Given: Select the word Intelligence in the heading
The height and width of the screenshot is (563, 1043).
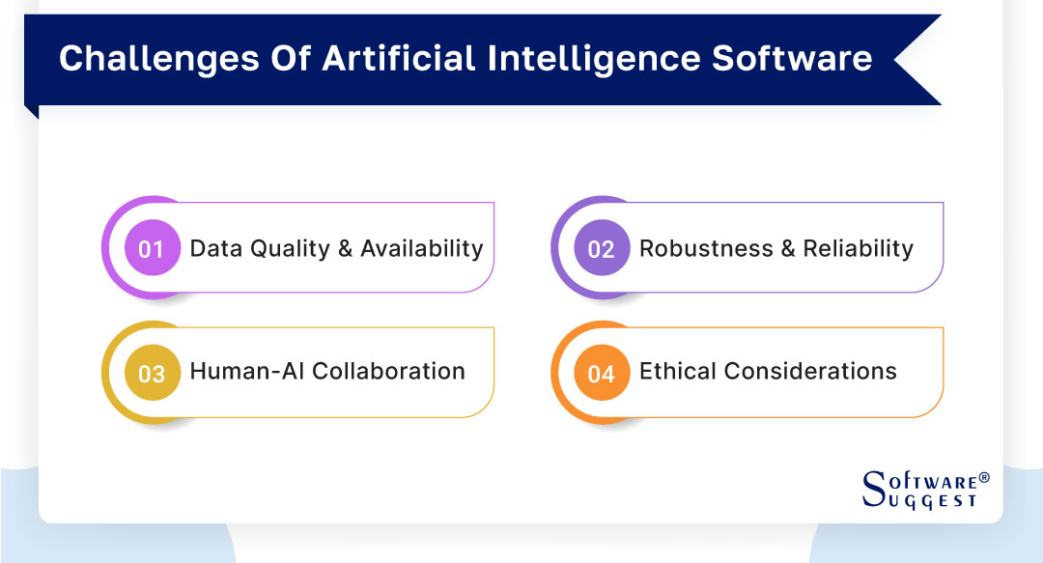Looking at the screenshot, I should pyautogui.click(x=597, y=58).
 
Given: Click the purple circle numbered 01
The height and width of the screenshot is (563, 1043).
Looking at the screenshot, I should pyautogui.click(x=152, y=249).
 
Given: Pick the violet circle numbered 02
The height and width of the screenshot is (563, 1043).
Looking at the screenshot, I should pyautogui.click(x=601, y=249).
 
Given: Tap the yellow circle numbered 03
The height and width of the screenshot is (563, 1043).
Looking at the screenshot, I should pyautogui.click(x=152, y=373).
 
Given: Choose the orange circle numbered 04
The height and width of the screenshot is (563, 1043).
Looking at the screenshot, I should pyautogui.click(x=601, y=373).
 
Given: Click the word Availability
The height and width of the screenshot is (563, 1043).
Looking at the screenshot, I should pyautogui.click(x=422, y=249).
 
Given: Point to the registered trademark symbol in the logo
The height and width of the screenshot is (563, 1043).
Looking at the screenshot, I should pyautogui.click(x=984, y=477).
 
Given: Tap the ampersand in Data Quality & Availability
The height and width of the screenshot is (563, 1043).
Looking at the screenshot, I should pyautogui.click(x=345, y=249).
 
